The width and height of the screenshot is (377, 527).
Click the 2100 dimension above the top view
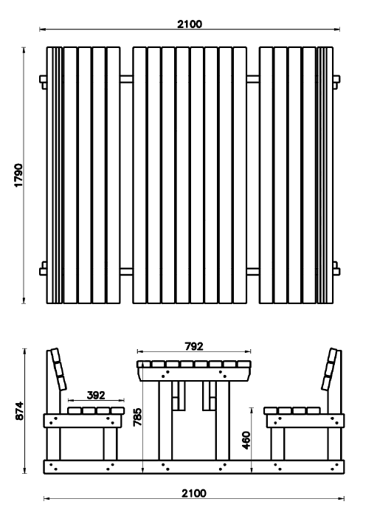[190, 24]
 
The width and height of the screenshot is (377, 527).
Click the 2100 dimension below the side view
[194, 493]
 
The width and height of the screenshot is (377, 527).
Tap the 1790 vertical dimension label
[18, 175]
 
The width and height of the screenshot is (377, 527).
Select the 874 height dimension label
[19, 410]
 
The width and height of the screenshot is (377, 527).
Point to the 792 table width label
[194, 346]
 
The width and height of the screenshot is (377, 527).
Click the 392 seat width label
[96, 396]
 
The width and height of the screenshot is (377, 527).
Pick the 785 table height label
[137, 417]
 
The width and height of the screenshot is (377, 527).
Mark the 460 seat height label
[246, 441]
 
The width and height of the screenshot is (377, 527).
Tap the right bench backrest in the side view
[330, 369]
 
